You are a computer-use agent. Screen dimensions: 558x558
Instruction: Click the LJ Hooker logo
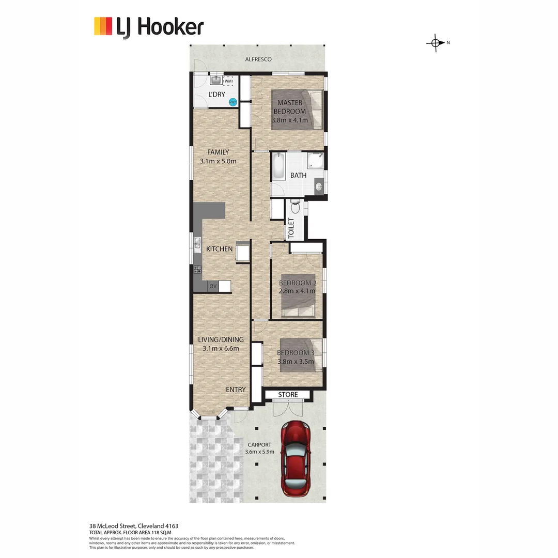[149, 27]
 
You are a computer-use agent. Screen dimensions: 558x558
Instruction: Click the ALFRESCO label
[258, 59]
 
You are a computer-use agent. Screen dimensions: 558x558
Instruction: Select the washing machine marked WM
[228, 81]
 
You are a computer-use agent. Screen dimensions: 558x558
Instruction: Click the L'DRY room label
[216, 94]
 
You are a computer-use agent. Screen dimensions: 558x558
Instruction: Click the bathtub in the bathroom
[278, 167]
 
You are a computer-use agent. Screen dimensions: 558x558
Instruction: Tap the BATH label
[298, 175]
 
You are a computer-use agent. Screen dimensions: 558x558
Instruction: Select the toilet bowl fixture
[295, 207]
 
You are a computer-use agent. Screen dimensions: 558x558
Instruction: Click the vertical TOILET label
[290, 228]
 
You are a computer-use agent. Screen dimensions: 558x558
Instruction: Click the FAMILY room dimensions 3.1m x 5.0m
[218, 161]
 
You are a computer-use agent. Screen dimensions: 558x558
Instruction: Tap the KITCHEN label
[220, 249]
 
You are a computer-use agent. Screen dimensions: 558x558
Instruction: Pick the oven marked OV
[212, 286]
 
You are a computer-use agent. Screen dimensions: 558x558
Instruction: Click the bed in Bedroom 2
[298, 295]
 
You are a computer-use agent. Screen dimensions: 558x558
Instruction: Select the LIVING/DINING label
[221, 339]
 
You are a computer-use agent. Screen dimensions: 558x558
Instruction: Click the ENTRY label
[236, 390]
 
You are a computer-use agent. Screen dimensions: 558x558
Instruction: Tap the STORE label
[288, 395]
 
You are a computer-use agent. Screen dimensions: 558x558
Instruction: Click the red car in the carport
[296, 458]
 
